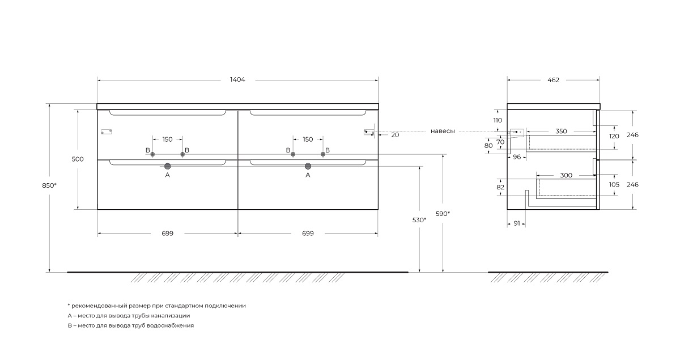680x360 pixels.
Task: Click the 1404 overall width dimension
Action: (x=237, y=79)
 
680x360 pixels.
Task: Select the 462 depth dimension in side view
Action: (x=553, y=80)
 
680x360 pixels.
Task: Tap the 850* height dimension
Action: (x=49, y=185)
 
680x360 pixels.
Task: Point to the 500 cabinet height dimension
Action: (x=78, y=159)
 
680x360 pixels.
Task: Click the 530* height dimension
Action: (x=419, y=220)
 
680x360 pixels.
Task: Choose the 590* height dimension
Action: (x=443, y=214)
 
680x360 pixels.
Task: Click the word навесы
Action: (x=443, y=131)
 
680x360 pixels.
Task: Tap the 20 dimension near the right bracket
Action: (x=395, y=135)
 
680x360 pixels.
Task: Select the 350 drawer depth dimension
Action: (x=561, y=131)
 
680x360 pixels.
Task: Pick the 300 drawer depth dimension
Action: (x=566, y=175)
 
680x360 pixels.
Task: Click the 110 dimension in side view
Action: (x=498, y=120)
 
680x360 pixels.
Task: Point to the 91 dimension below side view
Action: (x=517, y=223)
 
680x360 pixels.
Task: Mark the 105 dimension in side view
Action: (x=614, y=185)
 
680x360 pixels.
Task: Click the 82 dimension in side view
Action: (x=500, y=188)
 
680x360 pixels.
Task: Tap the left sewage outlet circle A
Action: (x=167, y=166)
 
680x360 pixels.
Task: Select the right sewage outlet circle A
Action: (x=308, y=166)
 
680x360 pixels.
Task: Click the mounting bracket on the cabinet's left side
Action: (x=107, y=132)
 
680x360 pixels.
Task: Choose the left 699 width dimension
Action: (x=167, y=234)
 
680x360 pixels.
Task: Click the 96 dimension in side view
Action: (x=517, y=157)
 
